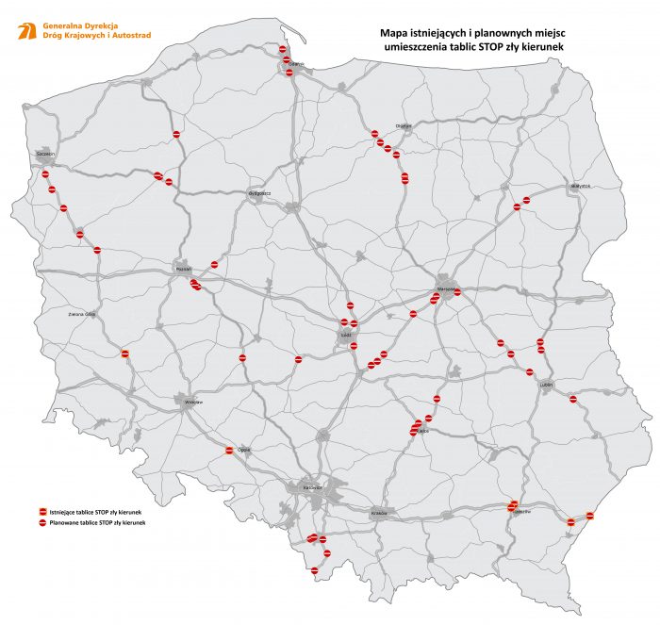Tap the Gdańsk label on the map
(295, 64)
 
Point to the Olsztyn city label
(404, 125)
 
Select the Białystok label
(579, 186)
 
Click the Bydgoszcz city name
(259, 193)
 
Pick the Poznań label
(184, 269)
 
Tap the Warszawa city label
(446, 289)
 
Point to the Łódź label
(345, 333)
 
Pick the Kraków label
(380, 513)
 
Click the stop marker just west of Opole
(229, 451)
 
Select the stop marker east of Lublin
(574, 400)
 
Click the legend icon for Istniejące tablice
(41, 512)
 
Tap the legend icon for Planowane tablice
(41, 522)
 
